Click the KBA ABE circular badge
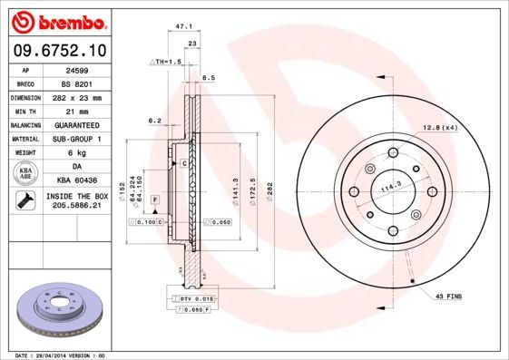point(24,174)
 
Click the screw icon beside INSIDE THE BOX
point(24,200)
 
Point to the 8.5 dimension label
point(209,78)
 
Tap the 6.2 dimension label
point(154,121)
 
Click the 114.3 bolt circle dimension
point(390,187)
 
